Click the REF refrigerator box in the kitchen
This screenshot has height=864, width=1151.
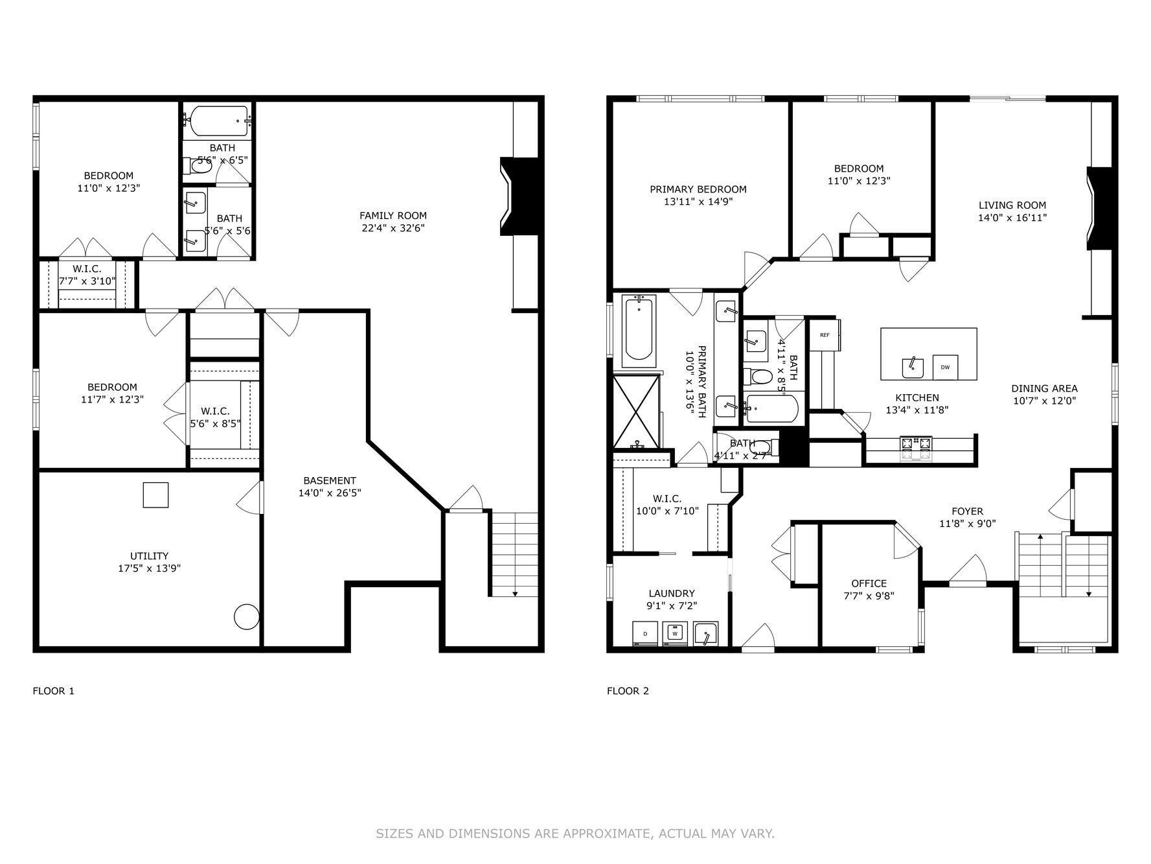click(x=824, y=335)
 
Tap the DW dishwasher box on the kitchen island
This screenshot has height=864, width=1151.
click(x=945, y=368)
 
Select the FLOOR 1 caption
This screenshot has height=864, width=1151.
click(x=54, y=691)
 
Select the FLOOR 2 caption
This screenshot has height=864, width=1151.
click(x=628, y=691)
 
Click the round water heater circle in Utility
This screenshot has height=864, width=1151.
click(x=246, y=616)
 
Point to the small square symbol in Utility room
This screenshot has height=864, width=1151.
click(x=155, y=495)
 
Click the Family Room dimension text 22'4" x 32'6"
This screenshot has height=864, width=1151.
click(x=393, y=228)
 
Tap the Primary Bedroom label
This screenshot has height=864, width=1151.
click(x=698, y=189)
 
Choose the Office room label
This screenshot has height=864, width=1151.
click(x=869, y=583)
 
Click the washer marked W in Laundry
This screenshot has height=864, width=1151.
click(x=675, y=633)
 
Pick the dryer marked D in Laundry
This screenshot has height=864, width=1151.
click(x=645, y=633)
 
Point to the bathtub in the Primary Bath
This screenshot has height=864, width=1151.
click(x=639, y=327)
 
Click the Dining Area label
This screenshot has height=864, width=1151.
click(x=1044, y=389)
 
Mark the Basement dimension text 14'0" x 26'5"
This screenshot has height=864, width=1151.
click(x=330, y=493)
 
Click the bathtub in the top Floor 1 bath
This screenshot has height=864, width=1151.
click(x=219, y=121)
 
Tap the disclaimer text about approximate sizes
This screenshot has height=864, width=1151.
click(x=575, y=834)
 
